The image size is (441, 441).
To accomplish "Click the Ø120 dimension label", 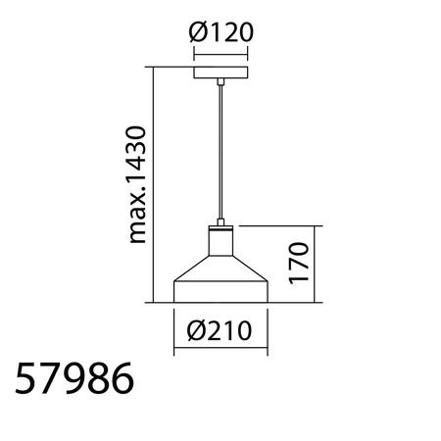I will pos(220,32).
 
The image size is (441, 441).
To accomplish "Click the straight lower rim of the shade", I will pos(220,292).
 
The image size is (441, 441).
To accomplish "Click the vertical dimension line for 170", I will pos(317,262).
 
